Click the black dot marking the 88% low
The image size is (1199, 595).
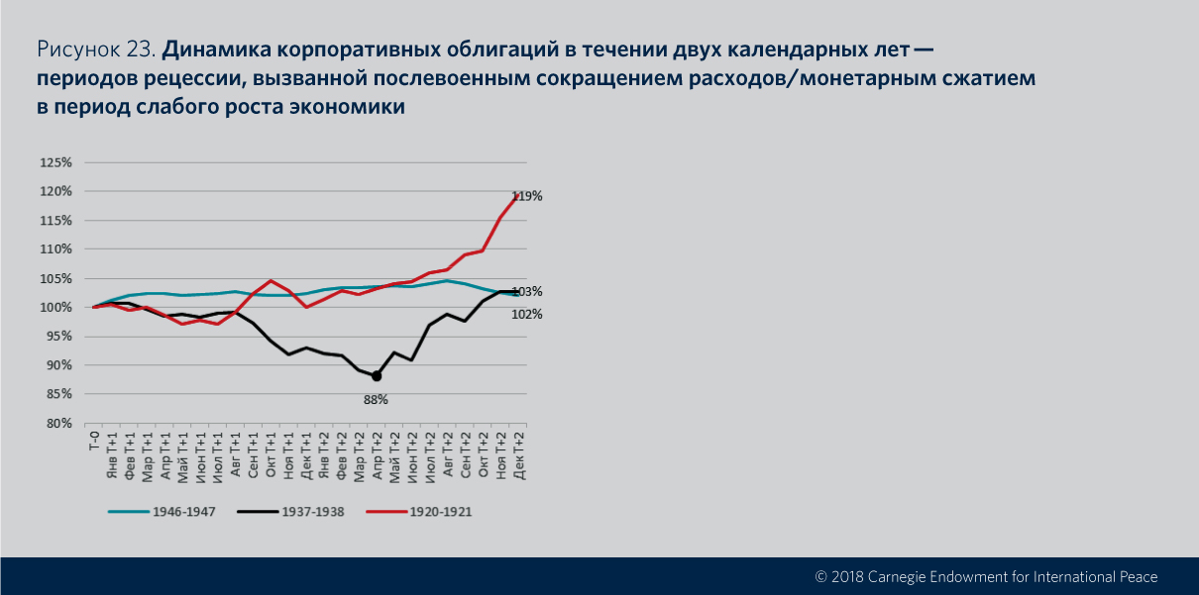point(377,376)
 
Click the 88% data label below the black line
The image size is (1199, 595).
point(376,400)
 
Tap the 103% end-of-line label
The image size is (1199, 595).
point(527,292)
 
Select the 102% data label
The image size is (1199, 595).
point(527,314)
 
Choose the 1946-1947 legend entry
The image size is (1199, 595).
point(179,512)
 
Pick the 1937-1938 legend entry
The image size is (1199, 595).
point(308,512)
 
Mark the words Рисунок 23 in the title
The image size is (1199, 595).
point(95,49)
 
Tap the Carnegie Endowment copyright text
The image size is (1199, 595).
point(986,576)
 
